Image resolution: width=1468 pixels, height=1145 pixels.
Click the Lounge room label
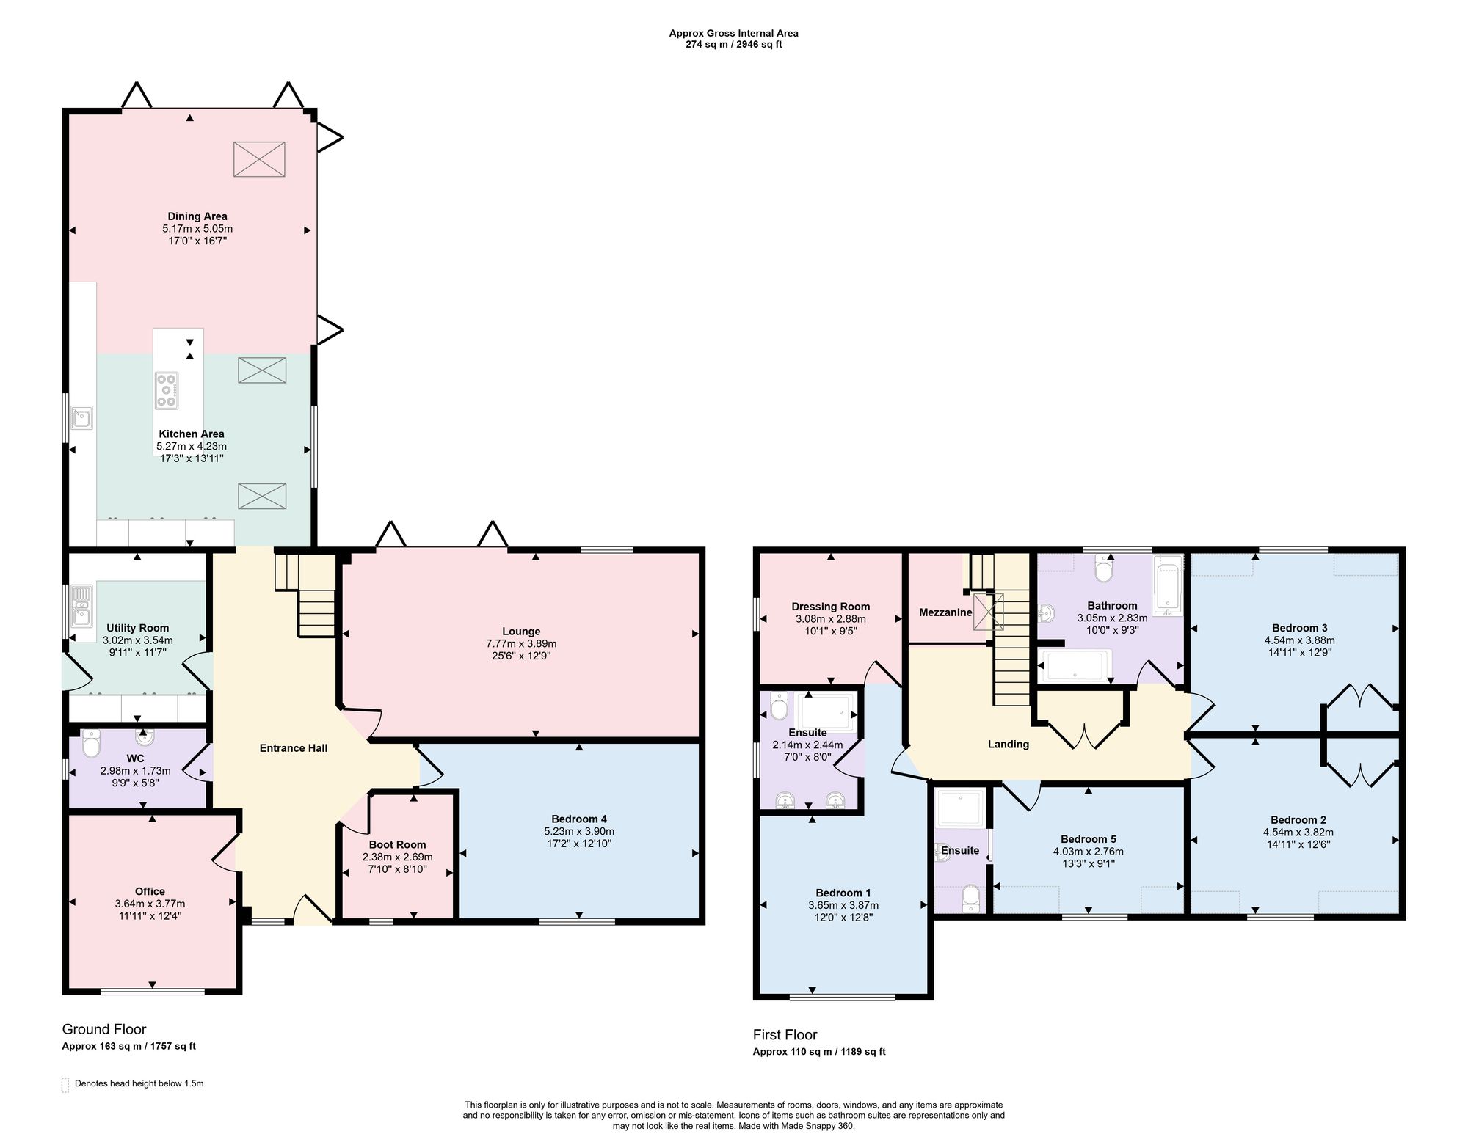click(521, 631)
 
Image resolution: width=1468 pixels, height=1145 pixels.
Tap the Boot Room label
click(397, 844)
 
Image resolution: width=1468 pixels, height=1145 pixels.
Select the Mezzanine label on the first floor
click(945, 612)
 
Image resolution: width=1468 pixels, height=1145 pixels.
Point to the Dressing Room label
click(830, 606)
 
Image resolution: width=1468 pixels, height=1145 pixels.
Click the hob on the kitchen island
click(167, 390)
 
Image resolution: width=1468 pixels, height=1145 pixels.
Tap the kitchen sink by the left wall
click(81, 417)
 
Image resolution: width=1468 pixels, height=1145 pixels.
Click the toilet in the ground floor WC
click(91, 743)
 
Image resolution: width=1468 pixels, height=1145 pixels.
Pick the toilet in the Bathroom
click(1102, 568)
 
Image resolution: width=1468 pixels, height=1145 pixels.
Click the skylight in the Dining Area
click(259, 158)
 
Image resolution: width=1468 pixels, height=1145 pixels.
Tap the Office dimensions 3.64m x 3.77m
click(150, 904)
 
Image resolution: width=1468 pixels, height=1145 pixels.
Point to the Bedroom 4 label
click(579, 819)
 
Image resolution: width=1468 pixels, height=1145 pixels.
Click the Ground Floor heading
click(104, 1029)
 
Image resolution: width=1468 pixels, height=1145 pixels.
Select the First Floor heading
click(785, 1035)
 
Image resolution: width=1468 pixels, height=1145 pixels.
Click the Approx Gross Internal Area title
click(733, 33)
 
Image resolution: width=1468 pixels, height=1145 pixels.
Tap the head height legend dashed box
click(65, 1085)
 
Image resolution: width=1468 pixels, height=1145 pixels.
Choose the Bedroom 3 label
click(1299, 627)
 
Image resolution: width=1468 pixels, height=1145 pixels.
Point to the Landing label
click(1009, 744)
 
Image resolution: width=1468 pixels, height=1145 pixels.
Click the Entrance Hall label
click(294, 748)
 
